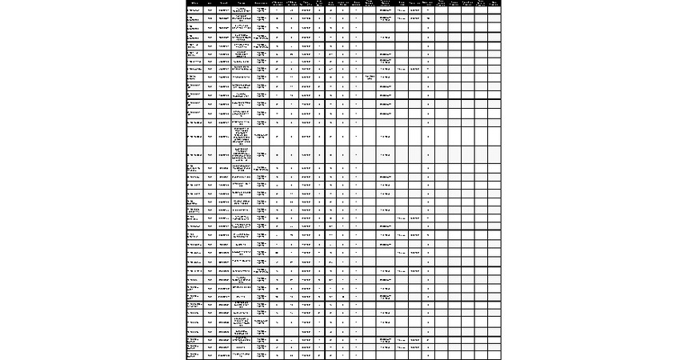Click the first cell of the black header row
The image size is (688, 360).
[x=194, y=3]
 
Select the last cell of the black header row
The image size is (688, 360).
[x=494, y=3]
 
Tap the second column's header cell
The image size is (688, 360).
[x=210, y=3]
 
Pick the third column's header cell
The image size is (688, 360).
[x=223, y=3]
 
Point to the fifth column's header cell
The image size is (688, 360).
[x=261, y=3]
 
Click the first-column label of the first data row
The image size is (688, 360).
[x=194, y=10]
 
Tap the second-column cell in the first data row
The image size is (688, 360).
[x=210, y=10]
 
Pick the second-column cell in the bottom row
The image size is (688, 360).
[x=210, y=355]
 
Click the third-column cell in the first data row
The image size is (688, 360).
[x=223, y=10]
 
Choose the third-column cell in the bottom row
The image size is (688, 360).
[x=223, y=355]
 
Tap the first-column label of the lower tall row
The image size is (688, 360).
[x=194, y=155]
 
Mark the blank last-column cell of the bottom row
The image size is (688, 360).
[x=494, y=355]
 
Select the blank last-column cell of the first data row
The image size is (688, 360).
[x=494, y=10]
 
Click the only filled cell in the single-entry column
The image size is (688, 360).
[x=369, y=78]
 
